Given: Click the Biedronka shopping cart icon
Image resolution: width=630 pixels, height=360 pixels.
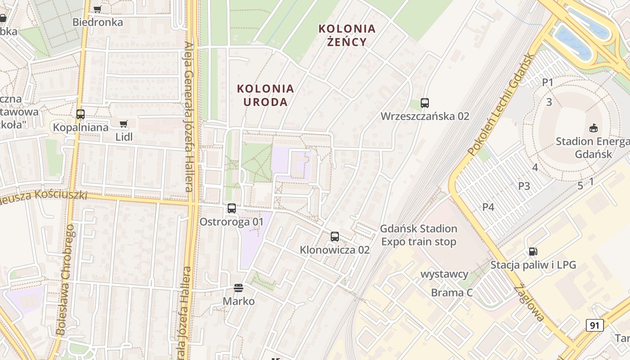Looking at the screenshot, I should click(97, 9).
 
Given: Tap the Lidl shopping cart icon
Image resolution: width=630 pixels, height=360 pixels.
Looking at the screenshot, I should click(124, 124).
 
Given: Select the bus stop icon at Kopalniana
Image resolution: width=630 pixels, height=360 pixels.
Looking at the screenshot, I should click(81, 114).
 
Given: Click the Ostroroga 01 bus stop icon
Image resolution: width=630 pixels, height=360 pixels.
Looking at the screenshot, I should click(232, 208).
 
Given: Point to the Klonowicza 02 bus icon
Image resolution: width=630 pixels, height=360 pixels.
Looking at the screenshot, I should click(335, 237).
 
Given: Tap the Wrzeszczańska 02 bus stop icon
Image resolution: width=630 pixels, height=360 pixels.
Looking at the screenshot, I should click(425, 103).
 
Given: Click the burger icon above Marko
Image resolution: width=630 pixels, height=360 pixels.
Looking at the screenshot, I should click(238, 288).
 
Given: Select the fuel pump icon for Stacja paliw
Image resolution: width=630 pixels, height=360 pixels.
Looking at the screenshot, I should click(533, 252).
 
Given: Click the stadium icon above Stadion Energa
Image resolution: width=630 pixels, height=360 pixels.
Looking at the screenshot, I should click(594, 128).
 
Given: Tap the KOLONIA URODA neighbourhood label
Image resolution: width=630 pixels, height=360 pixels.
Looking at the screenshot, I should click(265, 95).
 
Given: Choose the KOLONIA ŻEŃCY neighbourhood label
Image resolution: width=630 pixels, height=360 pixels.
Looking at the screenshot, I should click(346, 35).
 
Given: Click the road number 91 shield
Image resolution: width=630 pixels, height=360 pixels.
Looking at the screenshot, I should click(595, 325).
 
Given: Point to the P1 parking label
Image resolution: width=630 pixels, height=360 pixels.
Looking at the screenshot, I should click(548, 82).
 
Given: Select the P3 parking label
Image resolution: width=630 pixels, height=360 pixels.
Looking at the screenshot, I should click(524, 186).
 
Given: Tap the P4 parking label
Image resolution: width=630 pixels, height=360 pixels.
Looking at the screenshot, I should click(488, 207).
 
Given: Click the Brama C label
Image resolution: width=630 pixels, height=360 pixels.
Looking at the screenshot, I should click(452, 293).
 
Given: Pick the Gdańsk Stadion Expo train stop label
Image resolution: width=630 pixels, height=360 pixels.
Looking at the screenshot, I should click(418, 235).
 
